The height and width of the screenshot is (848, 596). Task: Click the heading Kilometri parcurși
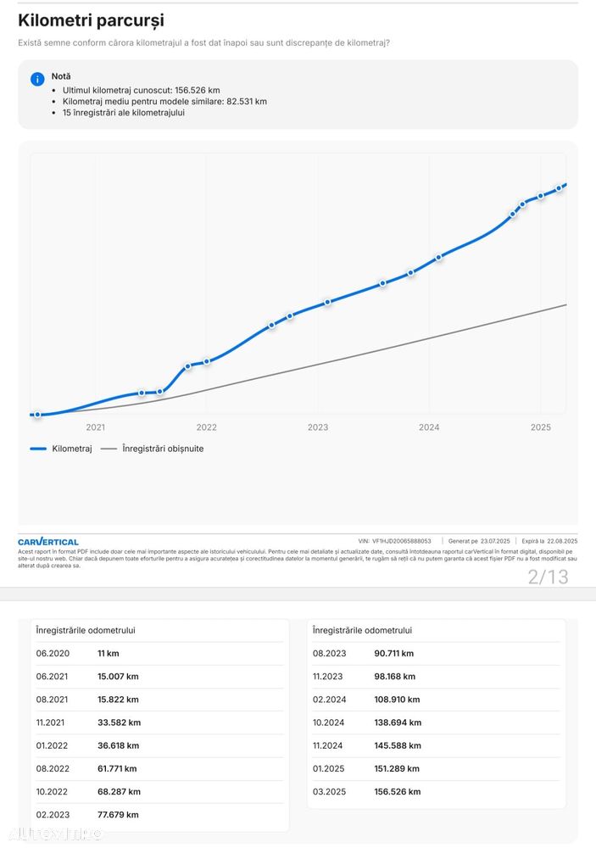[x=91, y=20]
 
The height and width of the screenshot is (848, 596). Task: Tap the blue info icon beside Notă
[x=37, y=79]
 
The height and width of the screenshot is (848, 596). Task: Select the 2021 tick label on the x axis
[x=96, y=427]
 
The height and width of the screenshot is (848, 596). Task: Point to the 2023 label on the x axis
[x=318, y=427]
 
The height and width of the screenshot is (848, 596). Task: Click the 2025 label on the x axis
[x=541, y=427]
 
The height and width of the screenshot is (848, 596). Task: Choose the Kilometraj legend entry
[x=61, y=449]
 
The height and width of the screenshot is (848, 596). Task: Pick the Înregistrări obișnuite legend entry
[x=153, y=449]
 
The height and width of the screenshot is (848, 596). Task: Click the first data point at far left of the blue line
[x=37, y=415]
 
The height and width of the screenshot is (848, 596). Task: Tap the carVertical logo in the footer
[x=48, y=541]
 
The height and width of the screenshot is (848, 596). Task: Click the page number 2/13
[x=548, y=577]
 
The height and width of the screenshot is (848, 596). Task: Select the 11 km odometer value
[x=108, y=654]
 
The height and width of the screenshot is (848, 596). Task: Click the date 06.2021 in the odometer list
[x=53, y=677]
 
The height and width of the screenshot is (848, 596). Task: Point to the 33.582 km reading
[x=119, y=722]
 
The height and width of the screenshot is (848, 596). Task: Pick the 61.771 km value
[x=117, y=768]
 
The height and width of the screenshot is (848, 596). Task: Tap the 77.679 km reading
[x=118, y=815]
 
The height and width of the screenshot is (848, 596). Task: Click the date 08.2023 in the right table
[x=330, y=654]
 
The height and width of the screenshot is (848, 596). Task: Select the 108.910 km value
[x=397, y=700]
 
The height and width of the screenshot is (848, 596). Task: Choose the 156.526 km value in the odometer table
[x=397, y=792]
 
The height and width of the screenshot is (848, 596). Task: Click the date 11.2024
[x=330, y=745]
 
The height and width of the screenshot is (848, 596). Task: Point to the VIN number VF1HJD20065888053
[x=401, y=541]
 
